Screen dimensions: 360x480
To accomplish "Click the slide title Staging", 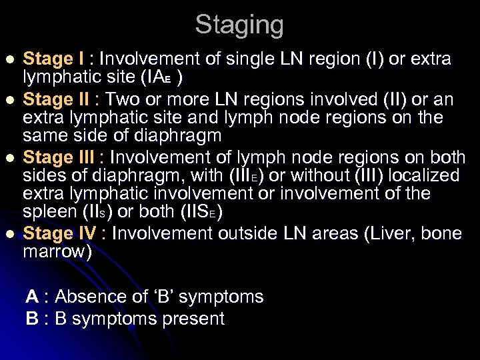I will (x=239, y=25).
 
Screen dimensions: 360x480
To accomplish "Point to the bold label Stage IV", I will (x=60, y=234).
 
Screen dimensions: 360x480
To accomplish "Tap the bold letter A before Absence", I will (x=31, y=297).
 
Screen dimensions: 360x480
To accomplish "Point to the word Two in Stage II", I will (x=122, y=100).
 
